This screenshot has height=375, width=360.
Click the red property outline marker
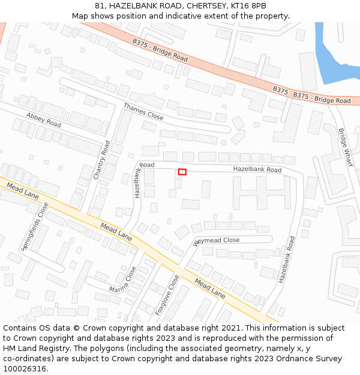(x=182, y=172)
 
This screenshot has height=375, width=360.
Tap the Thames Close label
(x=143, y=111)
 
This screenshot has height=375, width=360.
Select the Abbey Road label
(x=43, y=119)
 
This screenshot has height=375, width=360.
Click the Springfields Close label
(x=35, y=226)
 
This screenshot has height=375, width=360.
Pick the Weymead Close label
(x=216, y=241)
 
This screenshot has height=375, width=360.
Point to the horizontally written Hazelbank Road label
(x=257, y=170)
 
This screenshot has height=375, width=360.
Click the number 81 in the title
(x=100, y=6)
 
